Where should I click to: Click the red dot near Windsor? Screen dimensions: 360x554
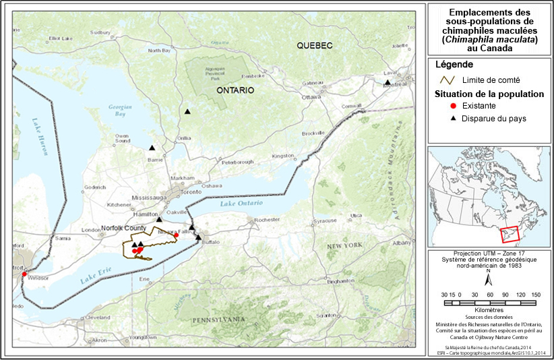[24, 274]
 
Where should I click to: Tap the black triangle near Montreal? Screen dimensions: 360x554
[388, 83]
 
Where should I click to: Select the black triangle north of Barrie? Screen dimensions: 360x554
[152, 148]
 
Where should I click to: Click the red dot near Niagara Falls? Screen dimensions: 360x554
[177, 235]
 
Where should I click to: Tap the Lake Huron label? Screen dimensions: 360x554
[40, 137]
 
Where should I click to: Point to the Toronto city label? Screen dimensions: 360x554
[191, 192]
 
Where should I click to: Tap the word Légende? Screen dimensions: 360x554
[454, 65]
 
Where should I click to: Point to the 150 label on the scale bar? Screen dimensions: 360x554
[536, 295]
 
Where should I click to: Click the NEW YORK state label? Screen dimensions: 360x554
[345, 247]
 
